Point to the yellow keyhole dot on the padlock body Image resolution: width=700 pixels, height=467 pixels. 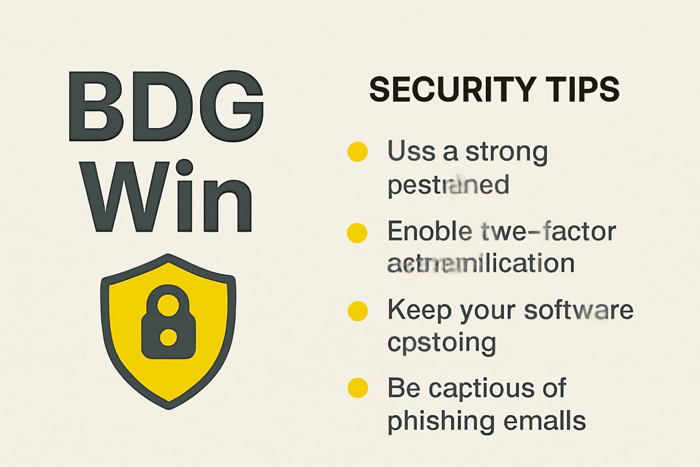(169, 337)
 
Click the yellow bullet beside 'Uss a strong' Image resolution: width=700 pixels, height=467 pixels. (357, 152)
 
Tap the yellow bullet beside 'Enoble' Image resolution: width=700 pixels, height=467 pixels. (357, 233)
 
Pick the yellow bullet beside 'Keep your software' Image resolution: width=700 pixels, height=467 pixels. (357, 311)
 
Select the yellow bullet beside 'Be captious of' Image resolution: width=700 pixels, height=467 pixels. (357, 388)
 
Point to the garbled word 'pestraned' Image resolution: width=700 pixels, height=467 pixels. (448, 185)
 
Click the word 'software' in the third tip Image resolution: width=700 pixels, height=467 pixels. (578, 310)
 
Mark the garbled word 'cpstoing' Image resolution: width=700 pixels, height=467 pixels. (441, 343)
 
